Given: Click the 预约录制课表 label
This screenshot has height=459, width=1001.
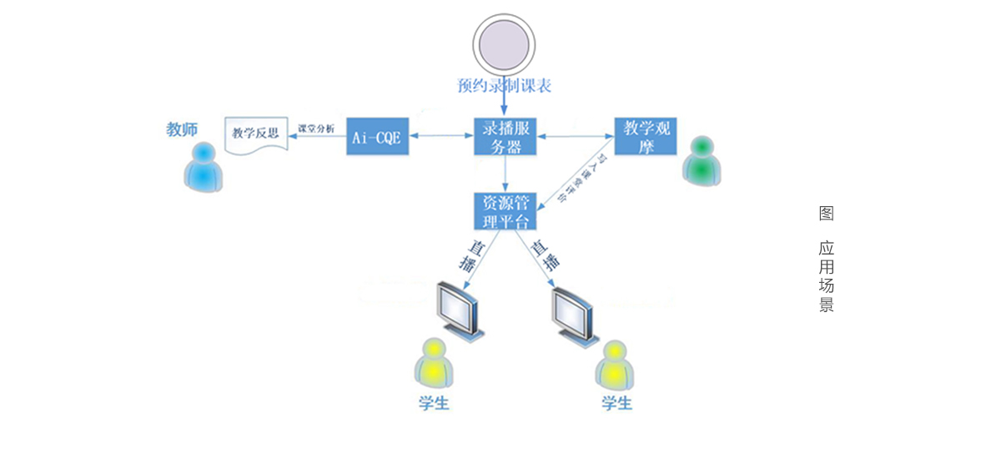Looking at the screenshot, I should [504, 85].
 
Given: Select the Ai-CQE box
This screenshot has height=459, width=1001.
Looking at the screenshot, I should [375, 135].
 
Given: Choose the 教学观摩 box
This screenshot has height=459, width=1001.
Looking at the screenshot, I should [643, 135].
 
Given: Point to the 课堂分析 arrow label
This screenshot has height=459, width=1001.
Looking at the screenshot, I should [316, 129].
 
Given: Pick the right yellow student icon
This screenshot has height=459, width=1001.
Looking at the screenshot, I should [616, 365].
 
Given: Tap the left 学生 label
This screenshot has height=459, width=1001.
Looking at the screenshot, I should [434, 403].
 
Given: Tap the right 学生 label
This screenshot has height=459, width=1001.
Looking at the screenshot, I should [616, 403].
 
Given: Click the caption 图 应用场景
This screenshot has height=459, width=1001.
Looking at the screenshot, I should [826, 259].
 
